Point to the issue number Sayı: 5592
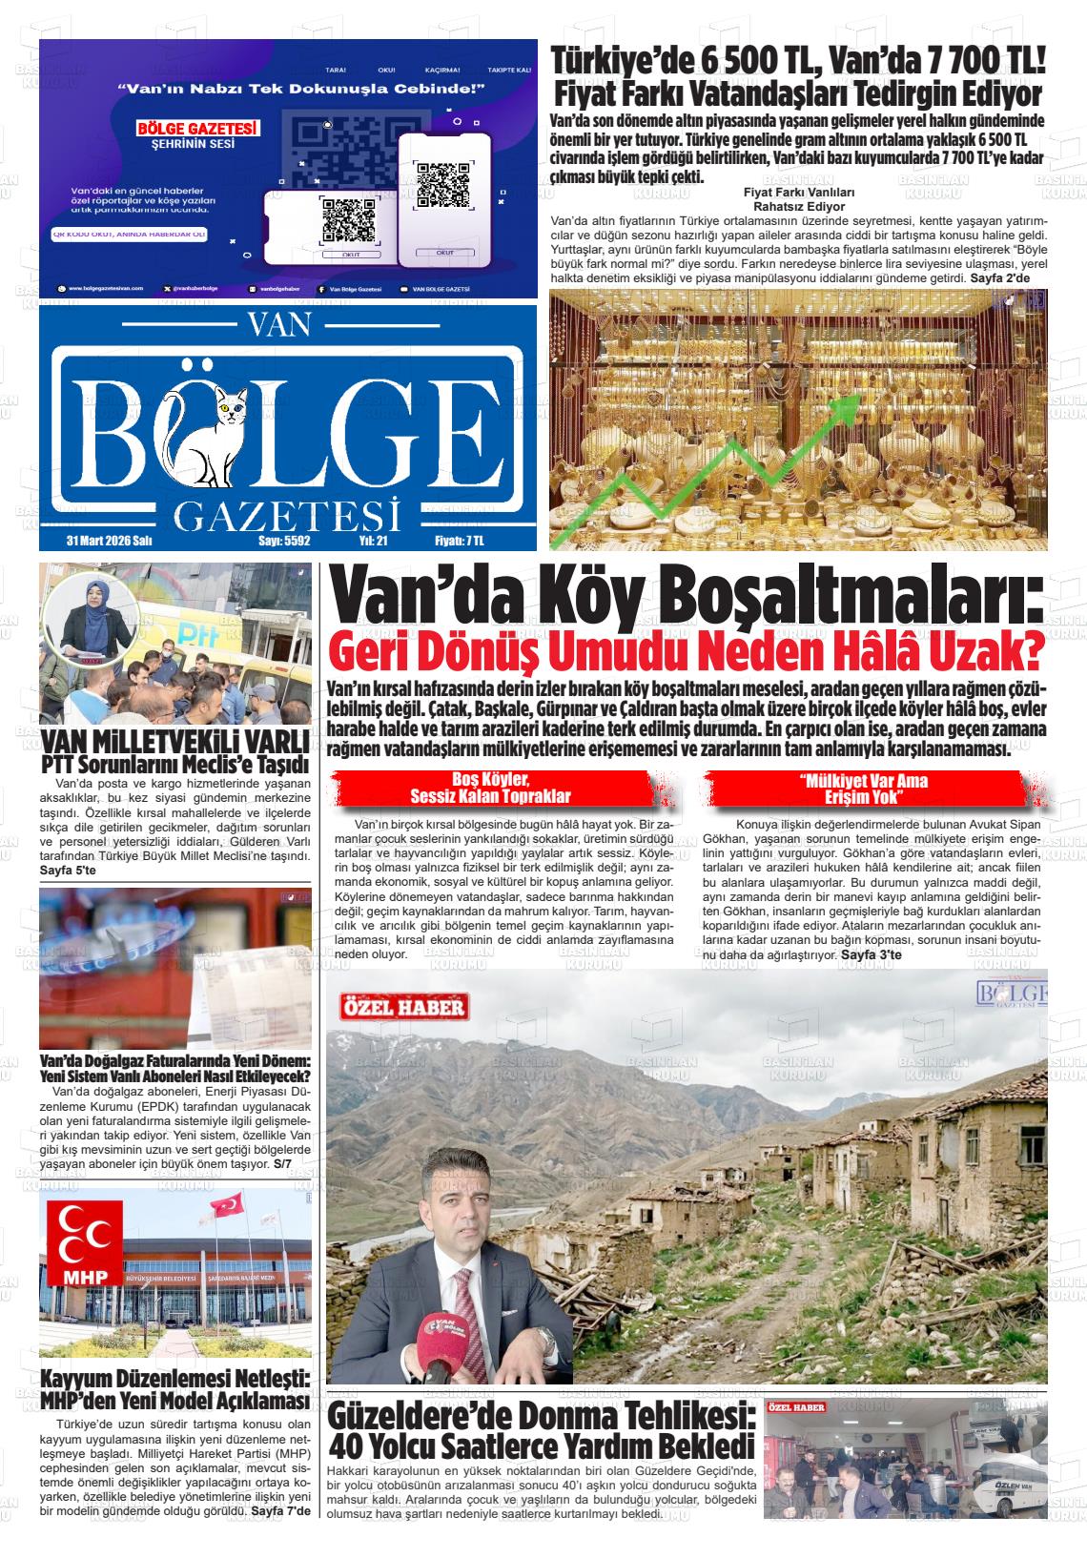[285, 541]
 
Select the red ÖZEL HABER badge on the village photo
[404, 1007]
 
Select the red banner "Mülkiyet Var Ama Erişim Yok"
[863, 789]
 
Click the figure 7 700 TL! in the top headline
[984, 60]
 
